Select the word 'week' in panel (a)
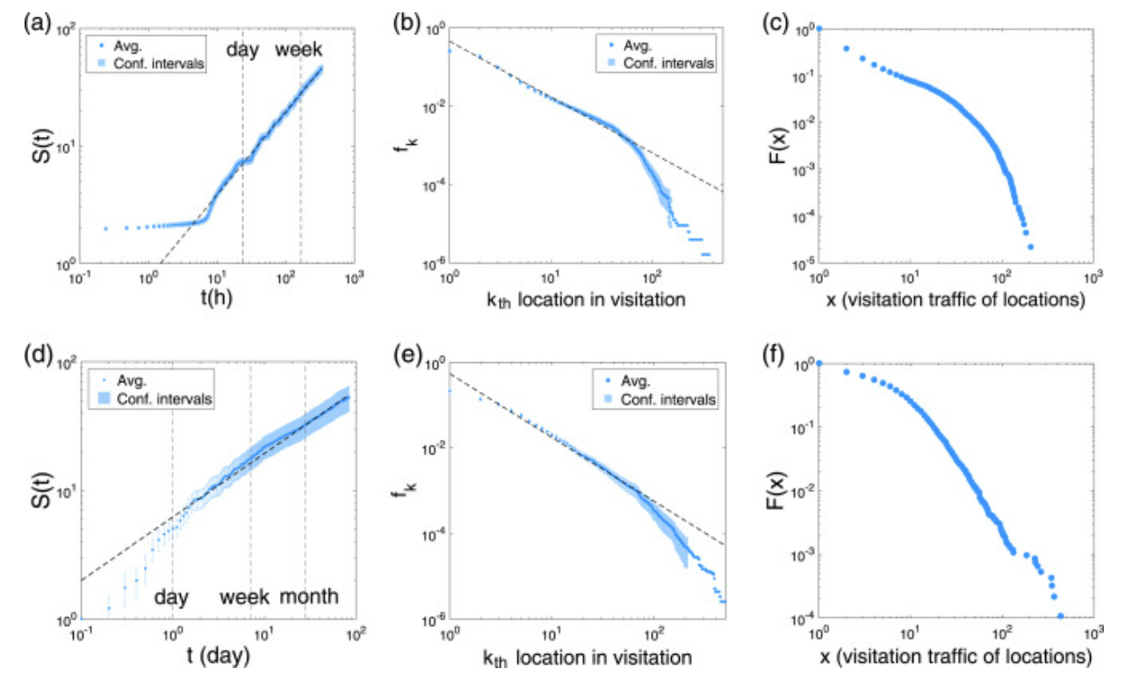[x=299, y=50]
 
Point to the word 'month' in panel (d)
[x=309, y=597]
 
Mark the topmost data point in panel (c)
[x=819, y=28]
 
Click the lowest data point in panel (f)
[x=1061, y=616]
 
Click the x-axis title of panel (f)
[x=956, y=656]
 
